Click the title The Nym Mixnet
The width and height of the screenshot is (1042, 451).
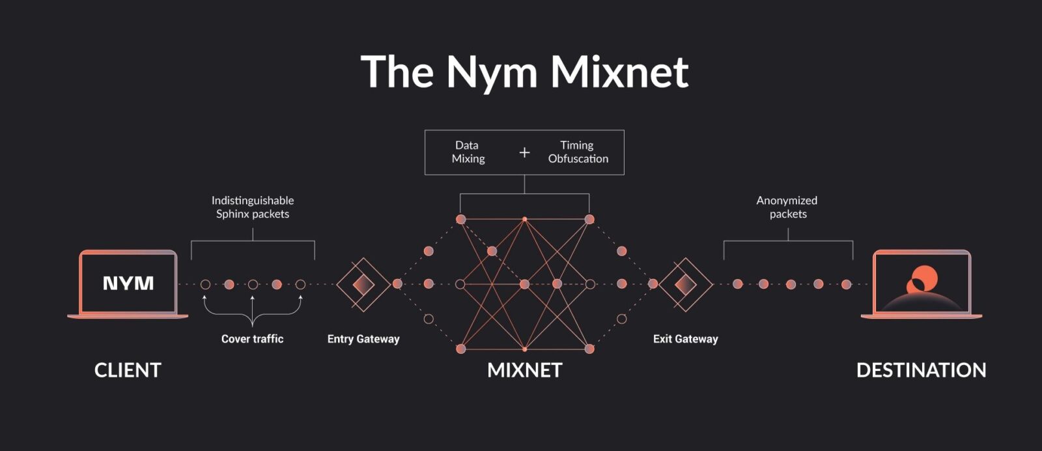524,71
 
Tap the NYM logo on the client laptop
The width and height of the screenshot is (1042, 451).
128,283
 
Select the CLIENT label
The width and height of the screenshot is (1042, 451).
128,370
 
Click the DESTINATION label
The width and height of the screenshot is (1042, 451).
921,370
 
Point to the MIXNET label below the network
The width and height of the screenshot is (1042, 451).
524,370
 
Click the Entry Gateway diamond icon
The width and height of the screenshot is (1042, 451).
363,284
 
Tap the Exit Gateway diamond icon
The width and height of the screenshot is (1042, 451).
685,284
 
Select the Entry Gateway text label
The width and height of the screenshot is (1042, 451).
363,339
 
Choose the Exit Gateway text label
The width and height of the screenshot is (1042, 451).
685,339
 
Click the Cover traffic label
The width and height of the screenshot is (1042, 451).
252,339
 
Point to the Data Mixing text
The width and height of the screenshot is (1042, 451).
468,152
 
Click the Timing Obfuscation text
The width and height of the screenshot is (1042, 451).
578,152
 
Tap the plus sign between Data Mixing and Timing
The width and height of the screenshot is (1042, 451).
524,153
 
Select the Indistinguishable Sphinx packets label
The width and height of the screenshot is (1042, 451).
253,207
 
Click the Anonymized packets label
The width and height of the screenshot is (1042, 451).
787,207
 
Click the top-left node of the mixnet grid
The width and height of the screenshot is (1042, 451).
460,220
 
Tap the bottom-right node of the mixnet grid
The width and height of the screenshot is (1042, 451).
589,349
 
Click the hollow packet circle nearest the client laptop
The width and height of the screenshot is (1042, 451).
205,284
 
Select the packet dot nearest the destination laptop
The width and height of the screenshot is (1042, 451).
846,284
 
